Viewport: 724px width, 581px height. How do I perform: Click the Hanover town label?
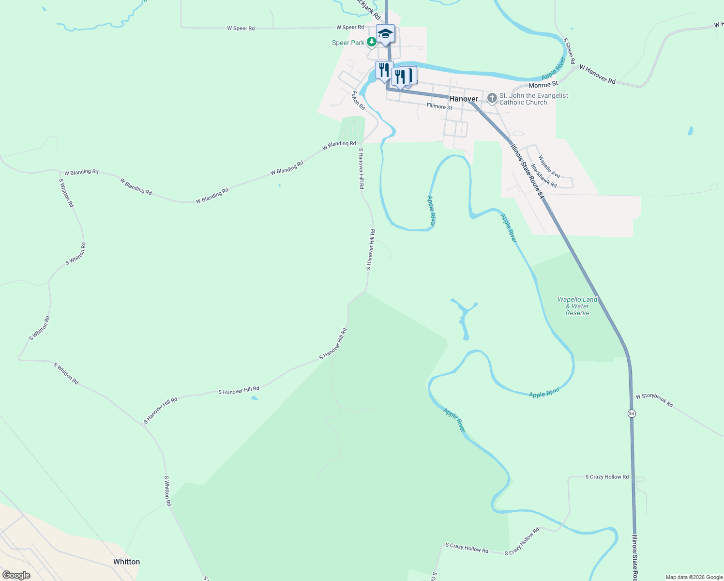pyautogui.click(x=463, y=99)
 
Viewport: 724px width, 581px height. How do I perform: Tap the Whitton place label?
pyautogui.click(x=126, y=562)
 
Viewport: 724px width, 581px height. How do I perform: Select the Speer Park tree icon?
pyautogui.click(x=372, y=43)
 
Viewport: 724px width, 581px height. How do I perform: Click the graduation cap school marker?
pyautogui.click(x=385, y=34)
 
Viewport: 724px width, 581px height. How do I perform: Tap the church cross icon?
pyautogui.click(x=492, y=99)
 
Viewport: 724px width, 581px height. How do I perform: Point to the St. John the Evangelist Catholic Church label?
pyautogui.click(x=533, y=99)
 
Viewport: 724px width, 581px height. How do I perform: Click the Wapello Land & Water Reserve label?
pyautogui.click(x=577, y=306)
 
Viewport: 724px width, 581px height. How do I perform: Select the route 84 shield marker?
pyautogui.click(x=632, y=413)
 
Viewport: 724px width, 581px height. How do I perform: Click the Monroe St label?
pyautogui.click(x=543, y=85)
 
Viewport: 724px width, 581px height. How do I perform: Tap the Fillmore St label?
pyautogui.click(x=439, y=106)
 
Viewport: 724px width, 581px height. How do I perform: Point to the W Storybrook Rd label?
pyautogui.click(x=654, y=399)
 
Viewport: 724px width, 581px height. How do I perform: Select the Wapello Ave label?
pyautogui.click(x=549, y=166)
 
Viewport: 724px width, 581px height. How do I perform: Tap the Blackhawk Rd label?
pyautogui.click(x=543, y=176)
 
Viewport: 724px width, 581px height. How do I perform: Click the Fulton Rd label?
pyautogui.click(x=358, y=100)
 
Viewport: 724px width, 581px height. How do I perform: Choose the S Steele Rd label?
pyautogui.click(x=569, y=51)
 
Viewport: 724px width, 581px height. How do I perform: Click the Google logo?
pyautogui.click(x=16, y=575)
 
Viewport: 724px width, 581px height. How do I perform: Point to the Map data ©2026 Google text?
pyautogui.click(x=694, y=577)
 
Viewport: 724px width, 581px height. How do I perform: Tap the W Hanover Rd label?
pyautogui.click(x=597, y=75)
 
